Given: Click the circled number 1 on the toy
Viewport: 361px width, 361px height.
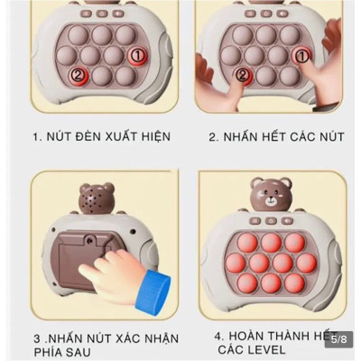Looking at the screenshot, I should [136, 56].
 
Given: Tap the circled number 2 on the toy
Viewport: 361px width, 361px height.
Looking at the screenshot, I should [78, 75].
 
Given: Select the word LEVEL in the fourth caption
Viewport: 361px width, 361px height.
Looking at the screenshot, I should [265, 349].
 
